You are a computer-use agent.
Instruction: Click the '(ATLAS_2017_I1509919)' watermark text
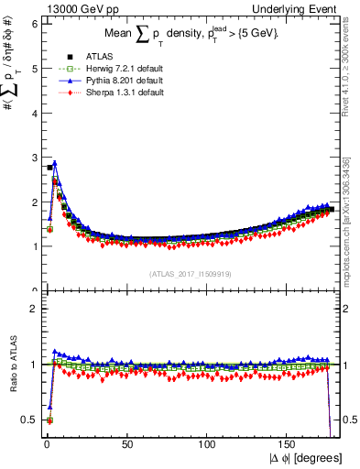189,273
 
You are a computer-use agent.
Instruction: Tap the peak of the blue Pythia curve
55,163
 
